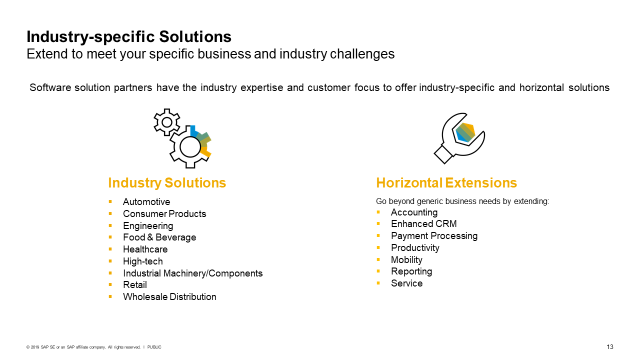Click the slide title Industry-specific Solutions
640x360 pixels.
pyautogui.click(x=129, y=37)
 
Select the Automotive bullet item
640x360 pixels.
pyautogui.click(x=146, y=202)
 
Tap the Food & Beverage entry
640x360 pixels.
pyautogui.click(x=159, y=237)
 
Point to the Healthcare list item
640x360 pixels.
pyautogui.click(x=145, y=249)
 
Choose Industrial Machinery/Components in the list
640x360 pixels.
pyautogui.click(x=192, y=273)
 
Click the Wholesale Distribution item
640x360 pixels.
pyautogui.click(x=169, y=297)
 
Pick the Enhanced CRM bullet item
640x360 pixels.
pyautogui.click(x=423, y=224)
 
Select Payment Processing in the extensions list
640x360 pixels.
pyautogui.click(x=434, y=236)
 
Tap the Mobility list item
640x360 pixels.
pyautogui.click(x=406, y=260)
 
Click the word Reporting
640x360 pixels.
pyautogui.click(x=411, y=271)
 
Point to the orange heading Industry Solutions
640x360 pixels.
pyautogui.click(x=167, y=183)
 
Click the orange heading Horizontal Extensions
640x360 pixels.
pyautogui.click(x=446, y=183)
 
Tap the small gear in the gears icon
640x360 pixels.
pyautogui.click(x=166, y=122)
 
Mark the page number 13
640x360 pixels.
pyautogui.click(x=610, y=347)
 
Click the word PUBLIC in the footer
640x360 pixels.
pyautogui.click(x=154, y=347)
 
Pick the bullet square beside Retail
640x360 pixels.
pyautogui.click(x=110, y=285)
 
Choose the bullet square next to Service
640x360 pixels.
pyautogui.click(x=378, y=283)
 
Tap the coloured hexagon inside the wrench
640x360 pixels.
pyautogui.click(x=465, y=132)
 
